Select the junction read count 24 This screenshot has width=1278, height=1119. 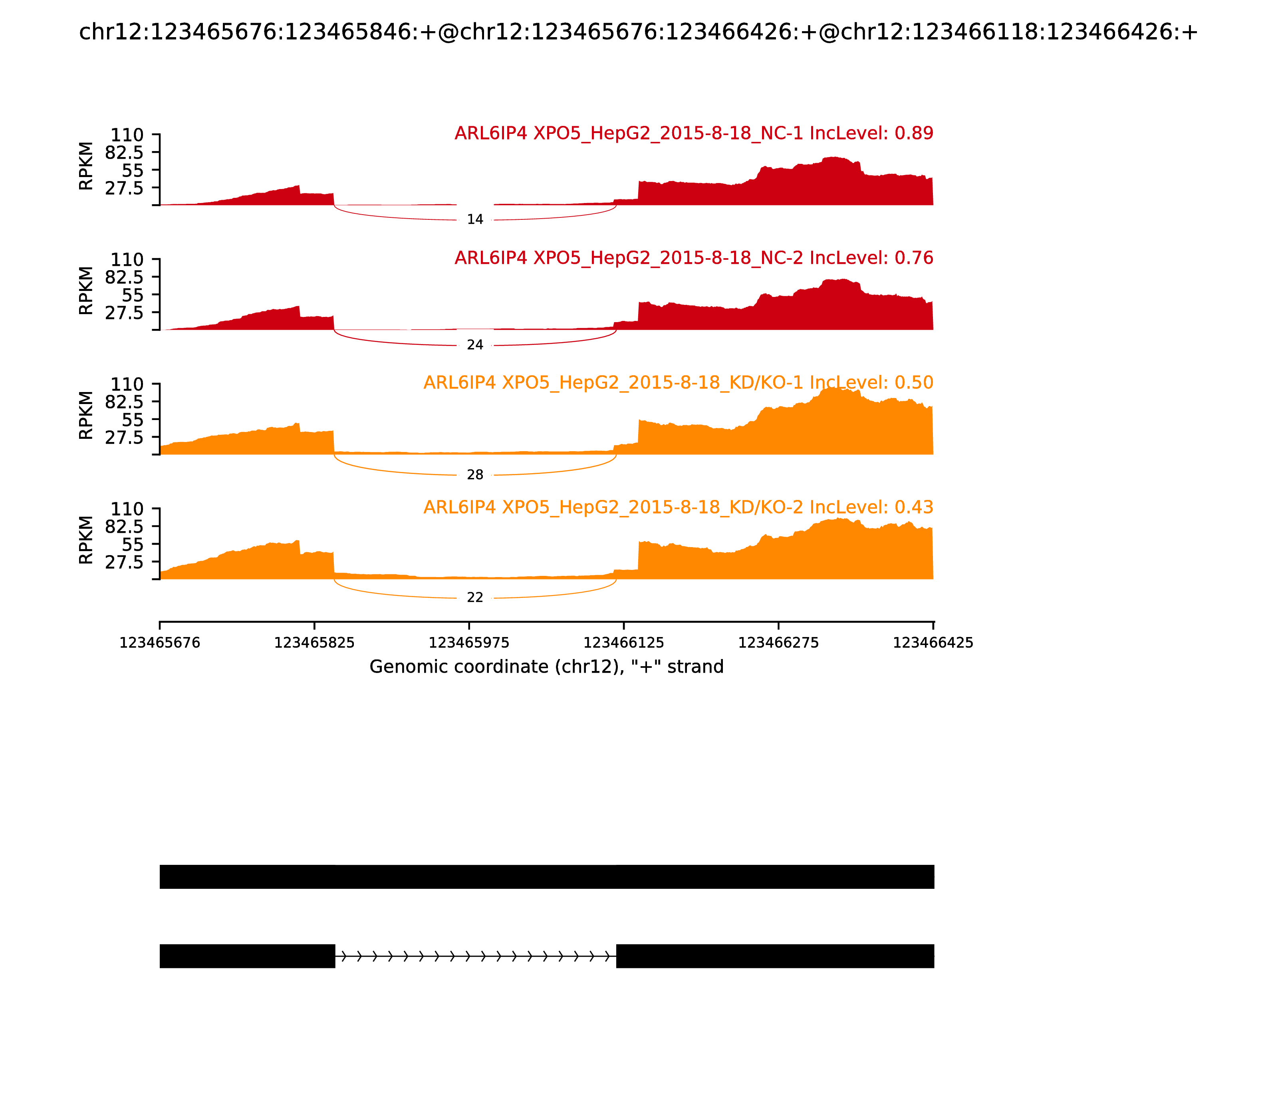coord(475,344)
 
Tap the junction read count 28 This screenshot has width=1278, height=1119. coord(475,475)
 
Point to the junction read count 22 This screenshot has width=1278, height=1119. coord(475,597)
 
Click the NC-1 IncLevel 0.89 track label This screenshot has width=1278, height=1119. coord(693,133)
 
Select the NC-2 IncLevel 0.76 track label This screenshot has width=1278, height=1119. coord(693,258)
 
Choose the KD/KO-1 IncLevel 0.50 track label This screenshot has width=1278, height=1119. coord(678,383)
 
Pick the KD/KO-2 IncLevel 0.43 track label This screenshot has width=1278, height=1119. coord(678,507)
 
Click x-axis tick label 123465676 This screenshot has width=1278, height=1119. coord(160,643)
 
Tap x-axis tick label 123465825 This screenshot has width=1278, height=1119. coord(315,643)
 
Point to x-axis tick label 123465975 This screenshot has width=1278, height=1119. coord(469,643)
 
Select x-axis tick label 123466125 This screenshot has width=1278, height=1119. coord(623,643)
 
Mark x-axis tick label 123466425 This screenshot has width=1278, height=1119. coord(933,643)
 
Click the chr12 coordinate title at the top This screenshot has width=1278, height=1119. coord(638,32)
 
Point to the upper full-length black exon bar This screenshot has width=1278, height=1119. coord(547,877)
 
